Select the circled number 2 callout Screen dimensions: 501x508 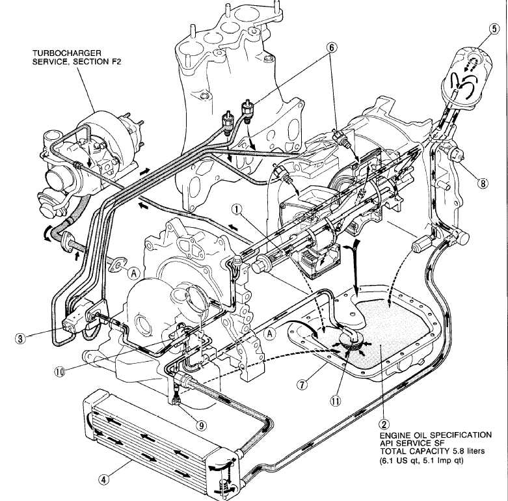384,422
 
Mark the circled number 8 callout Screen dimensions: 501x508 482,183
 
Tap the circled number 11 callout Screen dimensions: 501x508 336,401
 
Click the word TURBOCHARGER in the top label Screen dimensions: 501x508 63,51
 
